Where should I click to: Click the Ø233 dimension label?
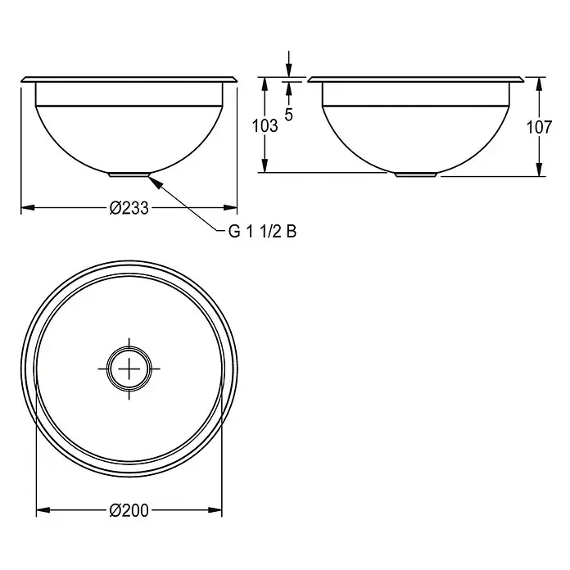click(x=129, y=208)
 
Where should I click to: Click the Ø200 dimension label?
click(x=129, y=511)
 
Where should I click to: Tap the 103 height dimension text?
click(x=265, y=126)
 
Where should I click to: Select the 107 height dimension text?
click(x=539, y=127)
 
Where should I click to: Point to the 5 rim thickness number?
click(x=288, y=115)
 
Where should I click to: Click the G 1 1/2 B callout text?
click(x=262, y=232)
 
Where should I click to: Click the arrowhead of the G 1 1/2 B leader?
click(x=154, y=179)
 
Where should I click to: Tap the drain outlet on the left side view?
click(x=129, y=174)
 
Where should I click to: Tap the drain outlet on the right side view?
click(x=415, y=174)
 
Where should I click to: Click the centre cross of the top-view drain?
click(x=129, y=369)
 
